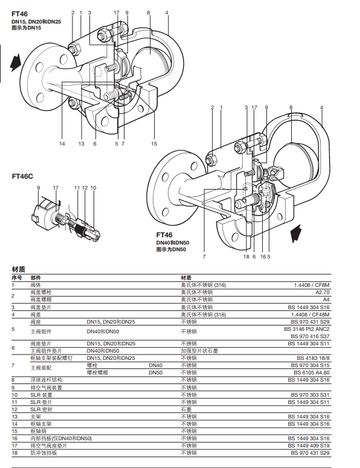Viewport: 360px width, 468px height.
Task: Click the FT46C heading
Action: [x=22, y=176]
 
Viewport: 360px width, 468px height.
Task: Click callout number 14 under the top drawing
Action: [x=62, y=144]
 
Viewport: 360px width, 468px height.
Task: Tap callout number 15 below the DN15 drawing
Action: [x=154, y=144]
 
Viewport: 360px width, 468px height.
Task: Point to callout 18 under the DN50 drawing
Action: [x=246, y=257]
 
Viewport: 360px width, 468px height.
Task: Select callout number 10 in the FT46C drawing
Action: [x=93, y=188]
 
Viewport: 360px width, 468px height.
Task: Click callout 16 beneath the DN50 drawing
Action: [x=263, y=257]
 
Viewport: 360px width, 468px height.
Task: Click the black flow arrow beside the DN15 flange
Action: [x=16, y=62]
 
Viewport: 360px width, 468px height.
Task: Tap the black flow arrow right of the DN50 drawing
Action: [x=296, y=233]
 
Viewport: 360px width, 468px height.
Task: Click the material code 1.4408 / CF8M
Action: [x=311, y=285]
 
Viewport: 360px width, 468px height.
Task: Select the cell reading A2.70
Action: [x=323, y=292]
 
